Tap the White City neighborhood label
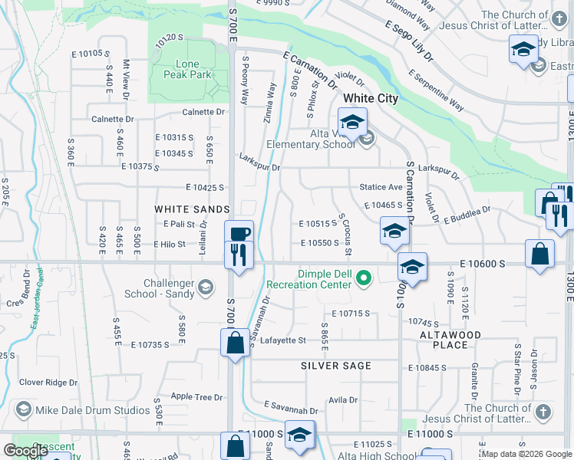point(371,98)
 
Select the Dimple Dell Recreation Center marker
point(365,277)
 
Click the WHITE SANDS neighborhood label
point(192,209)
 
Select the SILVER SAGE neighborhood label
point(336,366)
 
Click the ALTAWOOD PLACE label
point(450,340)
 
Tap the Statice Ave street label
point(381,187)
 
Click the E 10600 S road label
point(482,263)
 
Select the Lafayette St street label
point(283,340)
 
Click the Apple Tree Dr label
point(196,397)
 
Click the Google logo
point(25,451)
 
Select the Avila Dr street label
point(342,400)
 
